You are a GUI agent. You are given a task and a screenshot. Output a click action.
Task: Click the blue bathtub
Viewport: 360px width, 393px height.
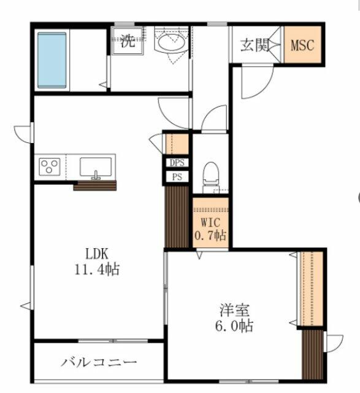point(52,60)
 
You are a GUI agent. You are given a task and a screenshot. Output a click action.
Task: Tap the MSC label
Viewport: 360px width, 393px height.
point(302,45)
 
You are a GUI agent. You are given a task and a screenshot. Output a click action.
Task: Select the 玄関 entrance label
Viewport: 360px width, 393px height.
point(255,45)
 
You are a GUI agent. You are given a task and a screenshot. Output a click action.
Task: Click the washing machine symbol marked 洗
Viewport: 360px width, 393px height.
point(128,41)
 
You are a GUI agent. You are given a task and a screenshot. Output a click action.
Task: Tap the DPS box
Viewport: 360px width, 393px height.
point(177,163)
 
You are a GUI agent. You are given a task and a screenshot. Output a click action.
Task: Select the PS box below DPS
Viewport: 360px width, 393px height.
point(177,177)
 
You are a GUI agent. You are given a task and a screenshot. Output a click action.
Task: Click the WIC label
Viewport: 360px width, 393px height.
point(210,222)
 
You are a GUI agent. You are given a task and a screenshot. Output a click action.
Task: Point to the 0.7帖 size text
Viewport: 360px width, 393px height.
point(210,235)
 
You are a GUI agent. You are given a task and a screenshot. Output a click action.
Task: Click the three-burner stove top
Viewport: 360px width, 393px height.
point(50,167)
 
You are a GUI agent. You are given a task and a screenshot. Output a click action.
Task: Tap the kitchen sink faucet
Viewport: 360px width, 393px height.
point(96,175)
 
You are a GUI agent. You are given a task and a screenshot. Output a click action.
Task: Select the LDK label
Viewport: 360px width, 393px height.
point(97,254)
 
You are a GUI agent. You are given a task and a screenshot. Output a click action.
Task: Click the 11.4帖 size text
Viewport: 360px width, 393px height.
point(97,269)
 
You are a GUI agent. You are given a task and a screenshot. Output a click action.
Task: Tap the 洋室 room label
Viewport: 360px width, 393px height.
point(234,310)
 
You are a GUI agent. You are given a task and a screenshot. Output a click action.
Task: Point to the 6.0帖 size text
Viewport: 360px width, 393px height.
point(234,325)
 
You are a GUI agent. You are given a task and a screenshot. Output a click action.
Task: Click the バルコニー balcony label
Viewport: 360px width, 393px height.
point(99,362)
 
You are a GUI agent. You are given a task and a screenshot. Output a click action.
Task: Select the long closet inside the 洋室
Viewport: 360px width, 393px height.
point(311,289)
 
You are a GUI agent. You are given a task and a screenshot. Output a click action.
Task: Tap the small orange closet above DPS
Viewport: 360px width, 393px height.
point(177,144)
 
